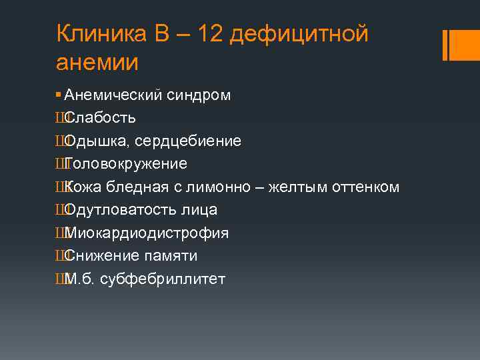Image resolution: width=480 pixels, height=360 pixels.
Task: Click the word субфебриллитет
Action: [x=163, y=279]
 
